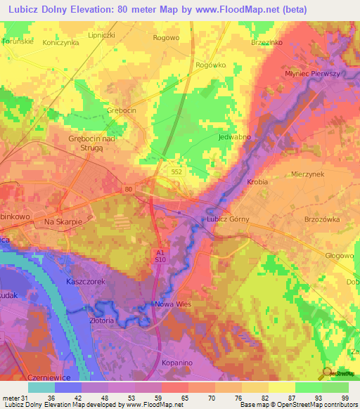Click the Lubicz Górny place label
(x=227, y=219)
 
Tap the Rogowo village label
(x=166, y=38)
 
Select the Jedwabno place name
(x=235, y=137)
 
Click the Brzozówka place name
(x=322, y=219)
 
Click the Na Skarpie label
(x=64, y=221)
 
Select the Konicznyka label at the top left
(x=60, y=42)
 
